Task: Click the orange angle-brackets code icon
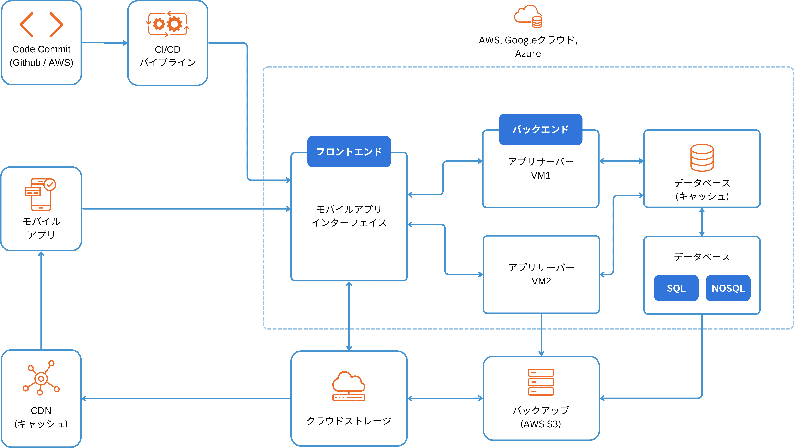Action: [x=41, y=25]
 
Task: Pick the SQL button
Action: [x=676, y=288]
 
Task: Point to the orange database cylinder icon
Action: [x=702, y=157]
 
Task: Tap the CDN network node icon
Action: [x=41, y=378]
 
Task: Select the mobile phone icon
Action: [x=40, y=194]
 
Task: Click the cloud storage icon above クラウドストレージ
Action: [x=349, y=386]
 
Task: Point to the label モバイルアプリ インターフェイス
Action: [x=349, y=216]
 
